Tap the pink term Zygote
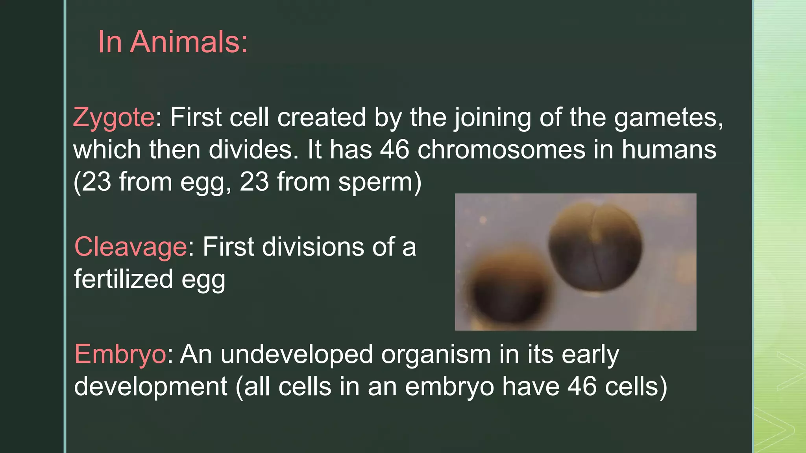click(x=114, y=118)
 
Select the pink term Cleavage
click(x=131, y=247)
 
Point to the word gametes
click(x=668, y=118)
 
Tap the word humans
click(x=669, y=150)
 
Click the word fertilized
click(x=124, y=279)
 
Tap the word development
click(x=151, y=387)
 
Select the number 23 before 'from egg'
click(x=97, y=182)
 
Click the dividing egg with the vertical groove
click(x=595, y=249)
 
